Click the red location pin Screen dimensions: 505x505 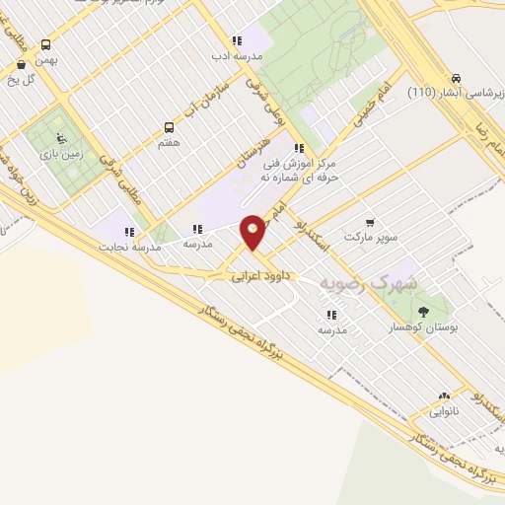pyautogui.click(x=253, y=231)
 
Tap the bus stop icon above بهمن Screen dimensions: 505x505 pyautogui.click(x=45, y=44)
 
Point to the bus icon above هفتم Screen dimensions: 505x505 pyautogui.click(x=168, y=127)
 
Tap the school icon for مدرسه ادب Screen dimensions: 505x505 pyautogui.click(x=236, y=41)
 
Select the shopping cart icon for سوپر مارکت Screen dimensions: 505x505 pyautogui.click(x=369, y=222)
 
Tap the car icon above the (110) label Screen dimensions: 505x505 pyautogui.click(x=456, y=78)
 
